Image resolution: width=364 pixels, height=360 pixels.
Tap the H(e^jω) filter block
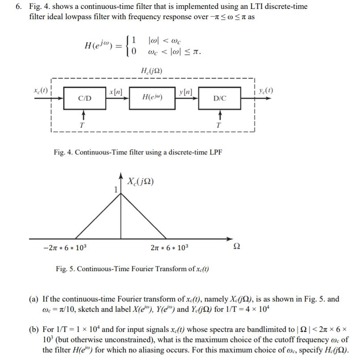tap(152, 97)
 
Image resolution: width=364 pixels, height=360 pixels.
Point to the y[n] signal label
tap(185, 92)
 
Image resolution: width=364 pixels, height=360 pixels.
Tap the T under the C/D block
tap(81, 125)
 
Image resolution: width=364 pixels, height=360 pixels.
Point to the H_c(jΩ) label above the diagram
tap(151, 71)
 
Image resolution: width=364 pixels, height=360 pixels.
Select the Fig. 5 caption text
tap(132, 268)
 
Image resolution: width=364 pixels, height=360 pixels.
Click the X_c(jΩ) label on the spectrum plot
tap(141, 182)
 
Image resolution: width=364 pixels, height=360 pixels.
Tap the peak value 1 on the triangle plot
tap(116, 189)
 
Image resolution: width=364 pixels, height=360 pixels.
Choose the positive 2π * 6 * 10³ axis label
tap(171, 247)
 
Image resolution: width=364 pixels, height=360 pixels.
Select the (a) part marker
tap(34, 299)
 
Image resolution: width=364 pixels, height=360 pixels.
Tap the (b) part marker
tap(34, 330)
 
